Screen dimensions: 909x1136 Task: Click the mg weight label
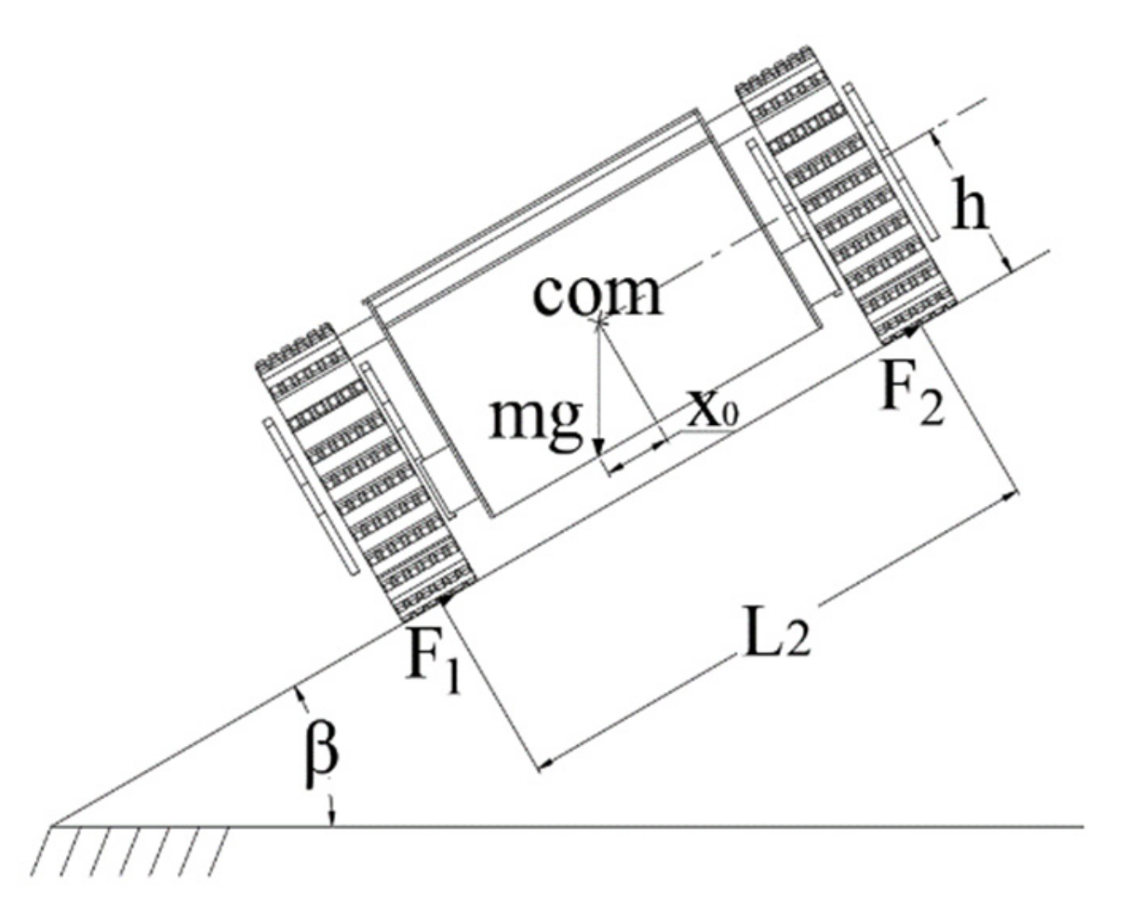(x=536, y=417)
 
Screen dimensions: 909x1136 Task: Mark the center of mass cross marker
(x=600, y=321)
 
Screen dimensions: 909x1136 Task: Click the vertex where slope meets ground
(x=52, y=825)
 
